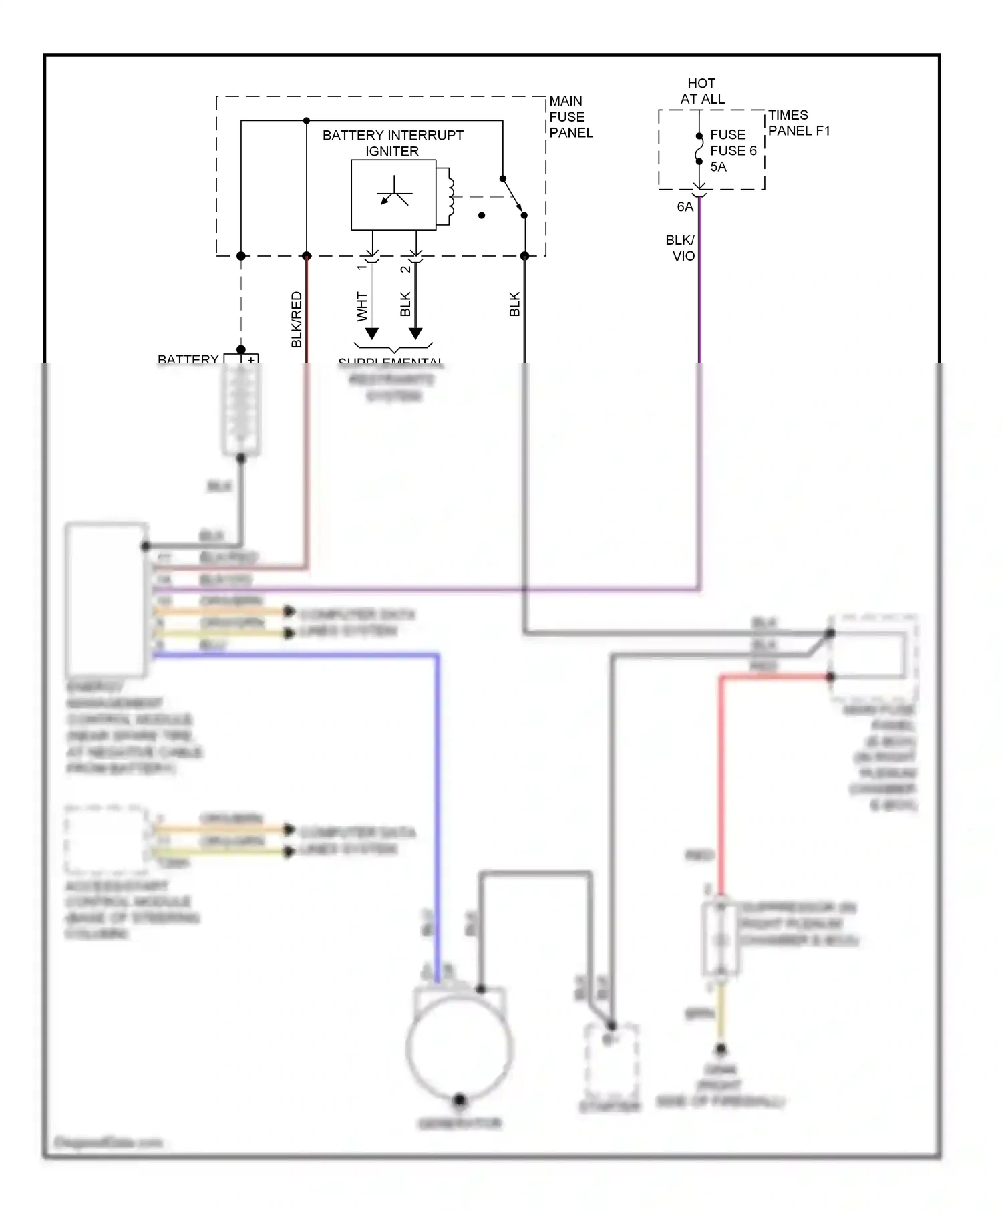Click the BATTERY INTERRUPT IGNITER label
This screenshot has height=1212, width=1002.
tap(393, 143)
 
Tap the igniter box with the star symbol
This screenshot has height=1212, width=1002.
tap(393, 195)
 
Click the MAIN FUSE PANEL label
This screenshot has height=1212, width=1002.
tap(570, 117)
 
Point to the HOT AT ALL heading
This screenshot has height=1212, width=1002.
tap(702, 91)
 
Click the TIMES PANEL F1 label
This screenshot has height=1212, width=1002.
tap(798, 123)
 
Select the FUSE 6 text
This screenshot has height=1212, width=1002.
tap(733, 150)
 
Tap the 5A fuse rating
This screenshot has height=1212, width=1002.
tap(718, 167)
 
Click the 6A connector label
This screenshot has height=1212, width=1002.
tap(685, 207)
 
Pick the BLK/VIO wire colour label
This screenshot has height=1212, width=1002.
tap(681, 248)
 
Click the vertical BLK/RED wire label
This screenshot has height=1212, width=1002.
tap(297, 319)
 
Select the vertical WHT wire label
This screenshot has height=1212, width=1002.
tap(362, 306)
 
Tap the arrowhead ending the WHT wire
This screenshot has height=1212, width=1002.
tap(372, 333)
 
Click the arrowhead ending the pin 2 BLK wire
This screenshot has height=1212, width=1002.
tap(415, 333)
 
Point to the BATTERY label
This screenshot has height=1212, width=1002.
tap(188, 359)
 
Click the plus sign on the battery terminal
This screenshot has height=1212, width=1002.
tap(251, 360)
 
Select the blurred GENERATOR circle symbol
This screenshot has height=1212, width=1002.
tap(460, 1048)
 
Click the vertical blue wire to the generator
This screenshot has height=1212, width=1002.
tap(438, 802)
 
